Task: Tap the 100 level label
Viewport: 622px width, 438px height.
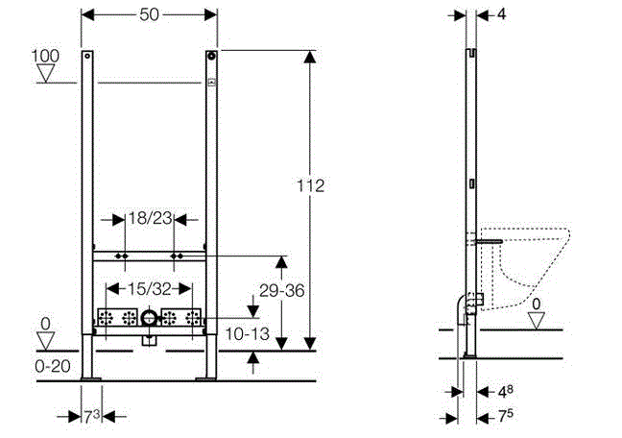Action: coord(45,57)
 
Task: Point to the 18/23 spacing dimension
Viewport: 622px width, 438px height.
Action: coord(149,219)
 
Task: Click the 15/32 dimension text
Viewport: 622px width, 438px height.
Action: coord(150,288)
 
